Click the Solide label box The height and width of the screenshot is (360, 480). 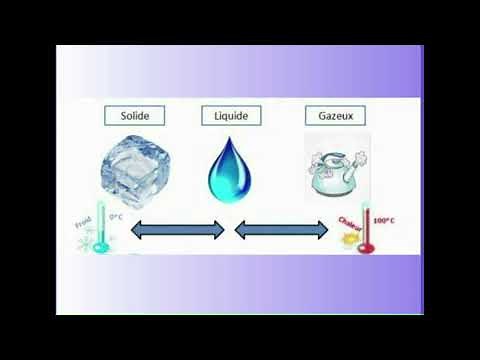tap(135, 115)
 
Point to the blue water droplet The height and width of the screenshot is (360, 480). tap(228, 169)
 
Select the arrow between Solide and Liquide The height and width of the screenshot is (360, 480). tap(178, 230)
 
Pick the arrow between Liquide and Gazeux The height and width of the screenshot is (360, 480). tap(283, 230)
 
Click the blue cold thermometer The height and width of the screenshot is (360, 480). tap(98, 230)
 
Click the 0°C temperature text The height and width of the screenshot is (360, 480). tap(116, 216)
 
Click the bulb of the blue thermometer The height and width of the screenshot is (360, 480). tap(98, 246)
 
